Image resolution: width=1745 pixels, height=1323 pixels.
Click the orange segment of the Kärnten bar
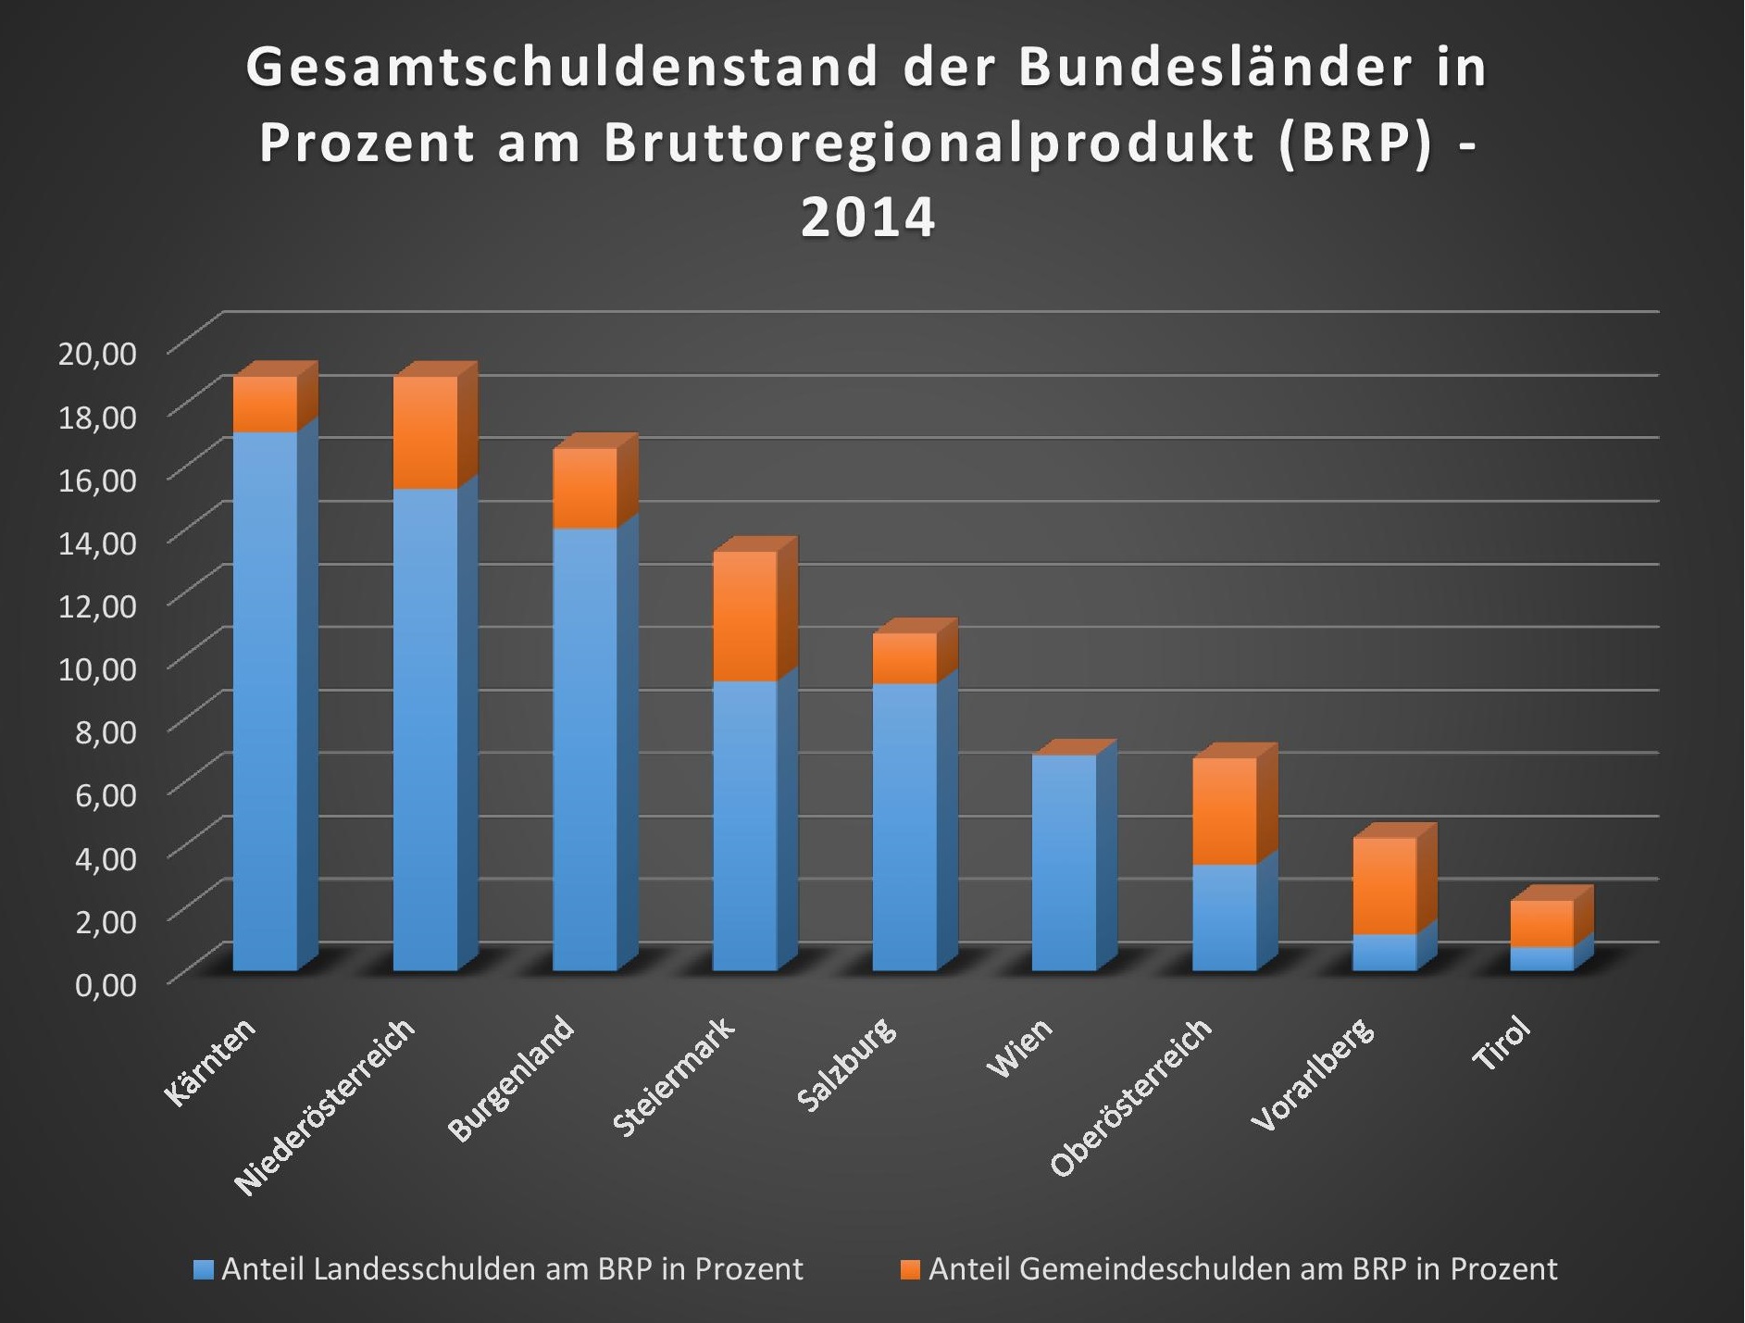265,404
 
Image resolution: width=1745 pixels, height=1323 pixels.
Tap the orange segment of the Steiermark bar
745,616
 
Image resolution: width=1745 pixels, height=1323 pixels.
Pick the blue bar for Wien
1065,863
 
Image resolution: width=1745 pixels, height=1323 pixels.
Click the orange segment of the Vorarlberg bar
1384,886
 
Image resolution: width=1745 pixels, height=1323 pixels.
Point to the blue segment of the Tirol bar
1542,958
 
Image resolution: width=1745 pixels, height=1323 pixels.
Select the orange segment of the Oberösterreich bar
1225,811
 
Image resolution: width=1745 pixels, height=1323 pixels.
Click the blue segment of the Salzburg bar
904,827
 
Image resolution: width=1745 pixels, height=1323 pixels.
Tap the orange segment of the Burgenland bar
585,488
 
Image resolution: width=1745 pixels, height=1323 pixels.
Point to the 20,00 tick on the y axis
97,353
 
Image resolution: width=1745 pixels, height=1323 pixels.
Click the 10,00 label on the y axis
97,668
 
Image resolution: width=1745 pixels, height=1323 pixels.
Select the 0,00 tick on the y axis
106,983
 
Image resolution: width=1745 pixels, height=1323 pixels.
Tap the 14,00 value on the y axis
97,542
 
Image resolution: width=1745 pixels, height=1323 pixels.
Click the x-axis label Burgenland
512,1080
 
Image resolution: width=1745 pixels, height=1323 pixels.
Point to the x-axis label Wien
1019,1047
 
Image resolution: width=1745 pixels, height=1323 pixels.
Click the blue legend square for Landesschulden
203,1269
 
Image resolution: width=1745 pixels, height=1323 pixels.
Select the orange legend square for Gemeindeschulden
911,1269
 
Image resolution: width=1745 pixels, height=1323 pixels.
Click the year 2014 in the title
867,218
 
